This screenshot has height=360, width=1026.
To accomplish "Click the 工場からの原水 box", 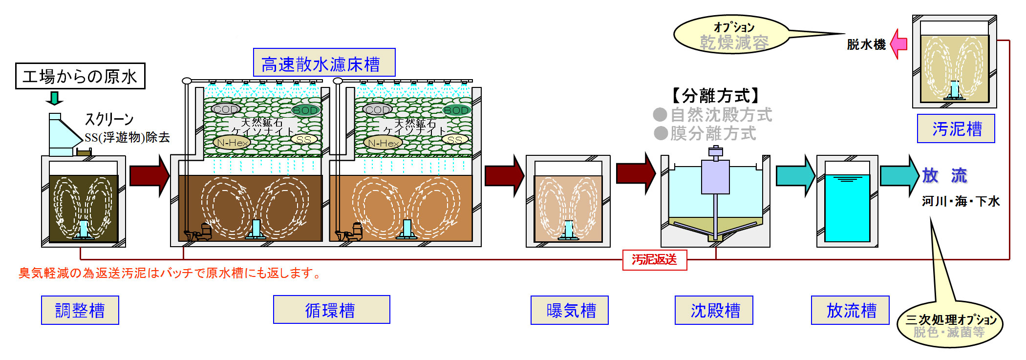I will pos(80,76).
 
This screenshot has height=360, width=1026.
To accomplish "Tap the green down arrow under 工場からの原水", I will pos(54,98).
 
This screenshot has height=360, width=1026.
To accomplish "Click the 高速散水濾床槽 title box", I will pos(324,63).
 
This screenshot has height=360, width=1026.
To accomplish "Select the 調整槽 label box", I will pos(80,310).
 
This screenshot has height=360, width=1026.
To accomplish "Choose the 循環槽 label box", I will pos(331,310).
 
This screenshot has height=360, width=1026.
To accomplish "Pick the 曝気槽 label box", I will pos(570,310).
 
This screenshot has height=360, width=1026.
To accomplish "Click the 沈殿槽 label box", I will pos(714,310).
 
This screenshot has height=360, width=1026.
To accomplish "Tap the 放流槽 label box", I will pos(850,310).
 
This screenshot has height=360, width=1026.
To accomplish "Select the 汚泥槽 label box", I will pos(956,128).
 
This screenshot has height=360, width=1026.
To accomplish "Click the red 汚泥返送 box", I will pos(655,260).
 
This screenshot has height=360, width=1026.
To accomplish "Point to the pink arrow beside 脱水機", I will pos(898,44).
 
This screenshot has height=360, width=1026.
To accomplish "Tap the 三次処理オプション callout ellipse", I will pos(950,325).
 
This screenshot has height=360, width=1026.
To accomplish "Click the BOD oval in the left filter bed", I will pos(306,110).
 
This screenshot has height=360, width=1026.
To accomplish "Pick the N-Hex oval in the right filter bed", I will pos(383,143).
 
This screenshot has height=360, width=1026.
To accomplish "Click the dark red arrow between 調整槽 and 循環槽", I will pos(149,176).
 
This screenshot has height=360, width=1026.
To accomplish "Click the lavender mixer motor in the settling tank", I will pos(715,176).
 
